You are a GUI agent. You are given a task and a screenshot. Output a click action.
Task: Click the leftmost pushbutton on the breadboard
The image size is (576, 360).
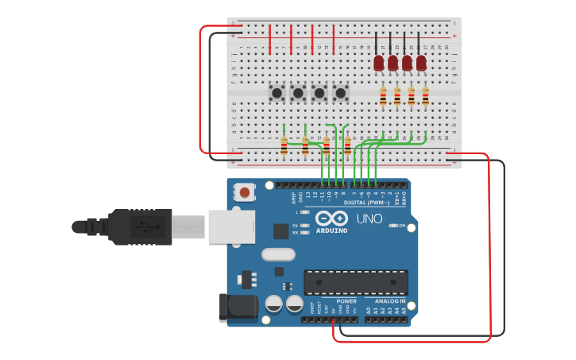tap(276, 93)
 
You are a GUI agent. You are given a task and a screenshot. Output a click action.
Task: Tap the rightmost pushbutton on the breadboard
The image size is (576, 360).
tap(341, 93)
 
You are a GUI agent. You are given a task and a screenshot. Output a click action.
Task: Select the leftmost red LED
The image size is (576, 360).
tap(379, 62)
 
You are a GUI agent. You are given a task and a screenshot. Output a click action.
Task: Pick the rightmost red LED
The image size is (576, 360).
tap(421, 62)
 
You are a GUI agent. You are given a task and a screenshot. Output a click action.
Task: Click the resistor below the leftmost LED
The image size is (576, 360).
tap(383, 96)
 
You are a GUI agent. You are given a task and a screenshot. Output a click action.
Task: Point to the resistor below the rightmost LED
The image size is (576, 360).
tap(425, 96)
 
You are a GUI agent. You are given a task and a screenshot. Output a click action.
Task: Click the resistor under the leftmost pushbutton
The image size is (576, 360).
tap(284, 145)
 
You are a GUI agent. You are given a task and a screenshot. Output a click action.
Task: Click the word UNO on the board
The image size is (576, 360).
tap(369, 219)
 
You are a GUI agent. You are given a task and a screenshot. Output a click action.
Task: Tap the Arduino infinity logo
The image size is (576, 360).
tap(331, 218)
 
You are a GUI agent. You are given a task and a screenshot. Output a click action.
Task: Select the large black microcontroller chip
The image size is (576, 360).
tap(356, 282)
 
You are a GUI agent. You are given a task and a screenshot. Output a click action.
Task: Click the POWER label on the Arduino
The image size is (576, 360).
tap(346, 301)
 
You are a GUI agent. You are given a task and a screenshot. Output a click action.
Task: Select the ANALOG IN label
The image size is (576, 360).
tap(390, 301)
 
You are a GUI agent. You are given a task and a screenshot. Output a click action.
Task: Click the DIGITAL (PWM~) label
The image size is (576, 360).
tap(367, 203)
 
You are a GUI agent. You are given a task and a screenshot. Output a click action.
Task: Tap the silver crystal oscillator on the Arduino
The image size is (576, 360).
tap(278, 254)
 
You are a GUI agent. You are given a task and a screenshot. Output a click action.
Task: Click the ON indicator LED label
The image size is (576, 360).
tap(401, 226)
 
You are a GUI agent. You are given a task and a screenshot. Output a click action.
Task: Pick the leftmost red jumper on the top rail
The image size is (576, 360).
tap(270, 39)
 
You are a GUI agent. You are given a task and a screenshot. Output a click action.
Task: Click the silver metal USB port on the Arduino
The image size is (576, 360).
tap(230, 226)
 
